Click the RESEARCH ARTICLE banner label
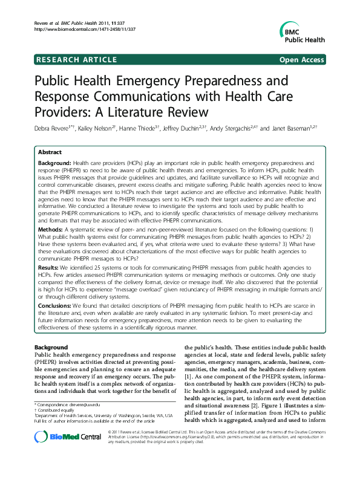coord(77,59)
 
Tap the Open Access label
coord(302,59)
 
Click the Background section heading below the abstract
coord(51,348)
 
